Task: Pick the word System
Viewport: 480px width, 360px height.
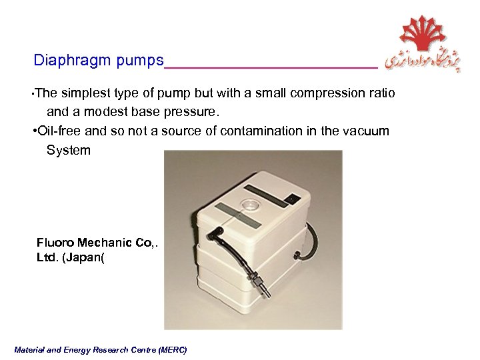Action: click(x=68, y=150)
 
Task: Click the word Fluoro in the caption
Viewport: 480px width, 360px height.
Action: click(x=55, y=242)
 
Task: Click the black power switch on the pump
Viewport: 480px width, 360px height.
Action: click(x=291, y=197)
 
